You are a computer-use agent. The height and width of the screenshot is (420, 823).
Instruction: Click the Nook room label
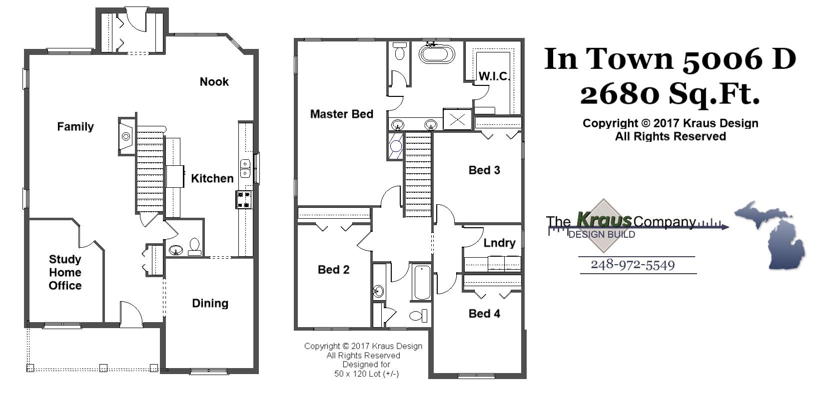[x=214, y=82]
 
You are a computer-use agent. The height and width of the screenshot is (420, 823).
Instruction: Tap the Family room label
[x=75, y=127]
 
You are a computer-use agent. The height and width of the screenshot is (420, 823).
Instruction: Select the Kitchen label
[x=212, y=179]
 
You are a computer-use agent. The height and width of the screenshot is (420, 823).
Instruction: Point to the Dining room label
[x=210, y=304]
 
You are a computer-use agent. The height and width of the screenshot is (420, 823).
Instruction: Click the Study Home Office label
[x=65, y=273]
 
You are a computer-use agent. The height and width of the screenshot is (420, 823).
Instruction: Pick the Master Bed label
[x=341, y=114]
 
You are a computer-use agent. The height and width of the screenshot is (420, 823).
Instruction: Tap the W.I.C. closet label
[x=494, y=76]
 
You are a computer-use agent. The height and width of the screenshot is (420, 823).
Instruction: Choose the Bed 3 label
[x=484, y=170]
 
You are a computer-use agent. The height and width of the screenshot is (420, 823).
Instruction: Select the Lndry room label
[x=499, y=243]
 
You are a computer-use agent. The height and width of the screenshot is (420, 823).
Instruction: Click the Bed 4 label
[x=484, y=314]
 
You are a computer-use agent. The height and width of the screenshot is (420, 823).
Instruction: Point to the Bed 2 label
[x=333, y=270]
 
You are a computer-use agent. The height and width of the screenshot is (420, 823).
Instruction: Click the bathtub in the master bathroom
[x=436, y=54]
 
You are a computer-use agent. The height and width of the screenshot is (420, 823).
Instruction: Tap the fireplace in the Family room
[x=126, y=136]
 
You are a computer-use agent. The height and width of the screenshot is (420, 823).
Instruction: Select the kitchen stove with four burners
[x=244, y=200]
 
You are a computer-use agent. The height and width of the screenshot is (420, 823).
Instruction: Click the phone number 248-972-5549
[x=633, y=265]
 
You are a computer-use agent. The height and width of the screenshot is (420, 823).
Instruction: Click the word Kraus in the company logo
[x=604, y=220]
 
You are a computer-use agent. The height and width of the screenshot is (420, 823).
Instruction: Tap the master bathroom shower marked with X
[x=458, y=119]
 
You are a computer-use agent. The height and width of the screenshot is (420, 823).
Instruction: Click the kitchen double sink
[x=245, y=168]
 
